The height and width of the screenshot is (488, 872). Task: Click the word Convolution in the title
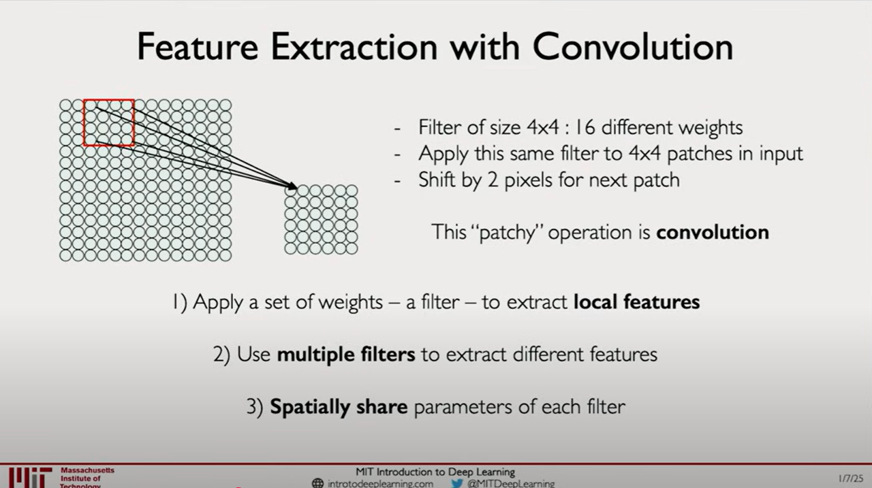pos(633,47)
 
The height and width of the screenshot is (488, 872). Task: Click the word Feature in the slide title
pos(198,47)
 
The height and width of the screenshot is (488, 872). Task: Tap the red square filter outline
pos(84,123)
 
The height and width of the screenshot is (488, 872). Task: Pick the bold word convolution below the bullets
pos(713,232)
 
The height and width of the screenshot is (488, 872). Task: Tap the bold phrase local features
pos(636,302)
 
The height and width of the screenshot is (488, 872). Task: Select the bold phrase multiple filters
pos(346,354)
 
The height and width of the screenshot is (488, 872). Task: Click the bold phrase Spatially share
pos(339,407)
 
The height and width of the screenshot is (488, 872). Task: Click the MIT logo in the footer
pos(31,478)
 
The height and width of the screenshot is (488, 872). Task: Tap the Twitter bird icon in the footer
pos(456,483)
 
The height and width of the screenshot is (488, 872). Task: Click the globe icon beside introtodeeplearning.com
pos(317,483)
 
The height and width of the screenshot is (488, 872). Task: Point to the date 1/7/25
pos(851,478)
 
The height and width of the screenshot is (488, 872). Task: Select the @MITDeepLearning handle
pos(511,484)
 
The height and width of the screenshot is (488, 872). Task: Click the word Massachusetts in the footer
pos(88,470)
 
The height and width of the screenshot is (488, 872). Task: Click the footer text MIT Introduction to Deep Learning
pos(435,472)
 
